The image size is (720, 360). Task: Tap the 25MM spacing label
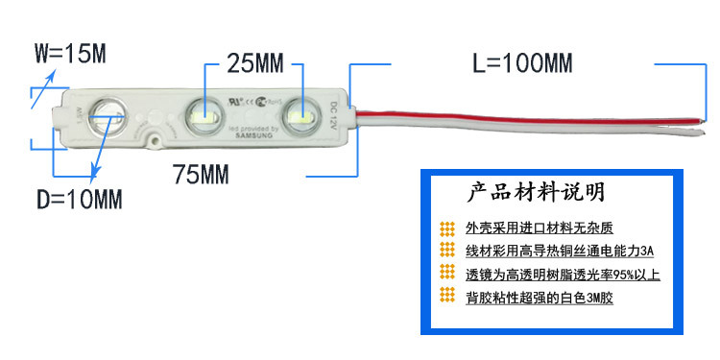point(255,64)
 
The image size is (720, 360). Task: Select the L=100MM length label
point(522,64)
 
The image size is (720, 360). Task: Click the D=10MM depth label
point(80,200)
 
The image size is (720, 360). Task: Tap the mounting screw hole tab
point(154,140)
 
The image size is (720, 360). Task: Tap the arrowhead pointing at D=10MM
point(94,177)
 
